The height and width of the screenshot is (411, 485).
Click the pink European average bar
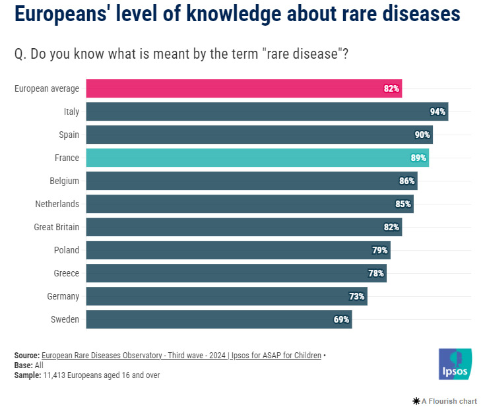click(244, 88)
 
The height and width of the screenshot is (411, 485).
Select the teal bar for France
click(257, 158)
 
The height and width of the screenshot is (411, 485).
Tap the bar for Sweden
click(218, 319)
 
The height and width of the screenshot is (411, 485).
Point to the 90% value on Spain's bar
click(422, 135)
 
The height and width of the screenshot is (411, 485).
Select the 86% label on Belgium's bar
click(406, 181)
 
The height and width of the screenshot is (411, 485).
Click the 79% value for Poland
click(379, 250)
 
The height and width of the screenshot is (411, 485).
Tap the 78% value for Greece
click(376, 273)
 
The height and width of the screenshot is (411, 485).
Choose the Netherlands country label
click(57, 204)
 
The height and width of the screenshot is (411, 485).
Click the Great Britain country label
click(56, 227)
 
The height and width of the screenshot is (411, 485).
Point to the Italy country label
click(71, 111)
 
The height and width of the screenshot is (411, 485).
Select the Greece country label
click(66, 273)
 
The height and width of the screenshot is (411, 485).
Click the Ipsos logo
click(454, 364)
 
